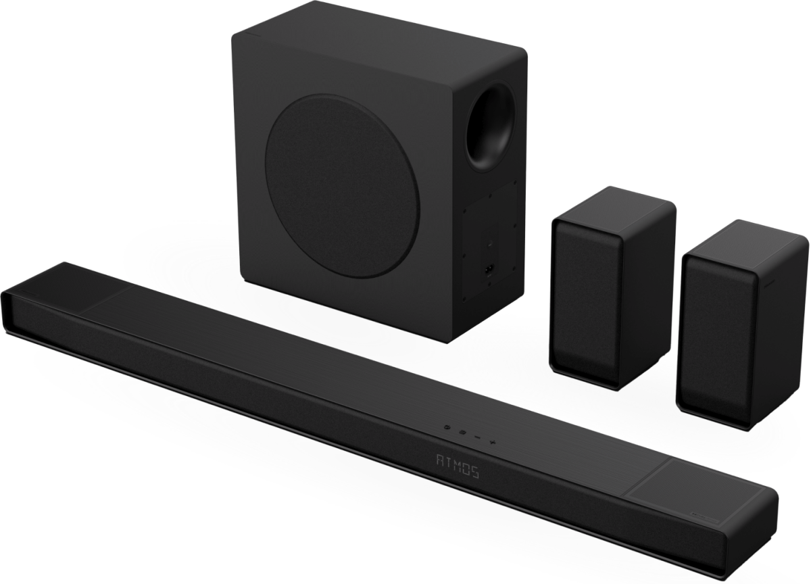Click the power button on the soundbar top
(x=447, y=427)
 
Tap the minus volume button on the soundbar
(x=477, y=437)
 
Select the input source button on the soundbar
(x=462, y=432)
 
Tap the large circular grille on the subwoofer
(x=342, y=186)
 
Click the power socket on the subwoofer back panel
(x=489, y=270)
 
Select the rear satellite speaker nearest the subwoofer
(x=612, y=288)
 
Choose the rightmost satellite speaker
(x=742, y=326)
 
